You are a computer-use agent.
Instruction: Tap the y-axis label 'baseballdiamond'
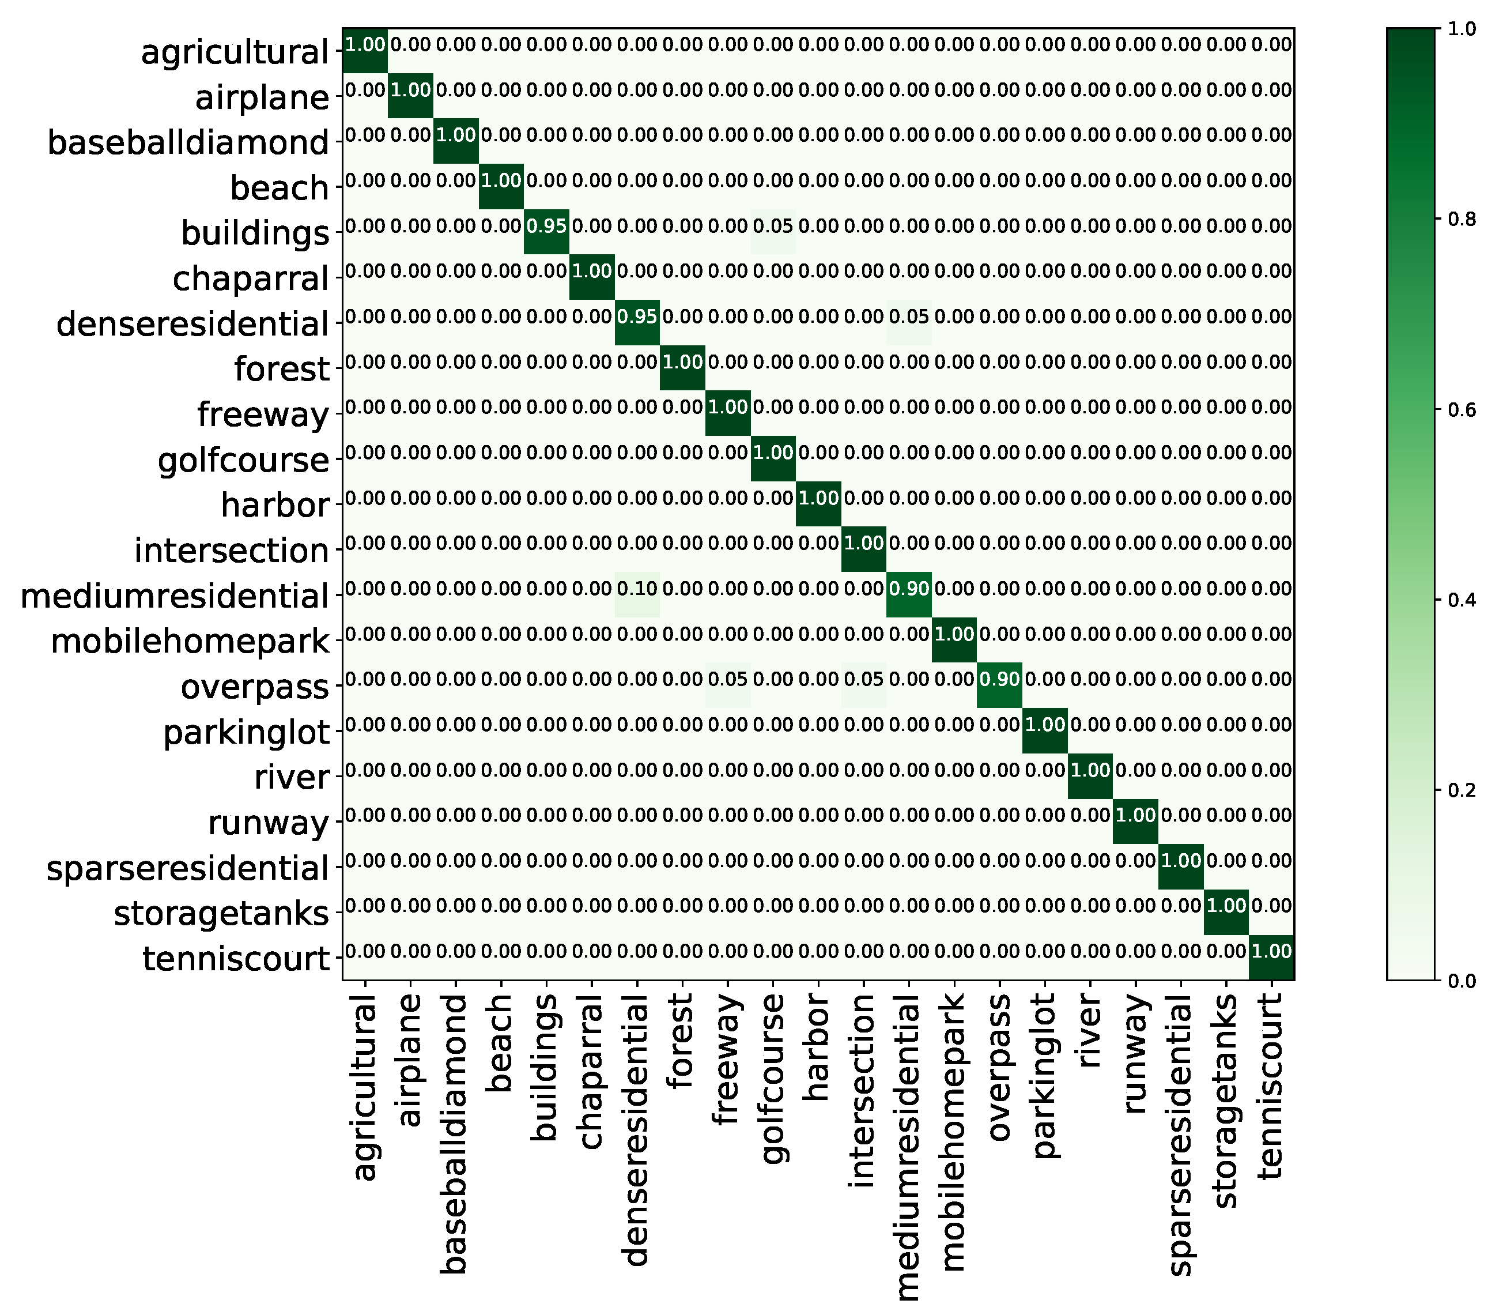188,142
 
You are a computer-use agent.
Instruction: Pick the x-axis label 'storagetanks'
1226,1101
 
